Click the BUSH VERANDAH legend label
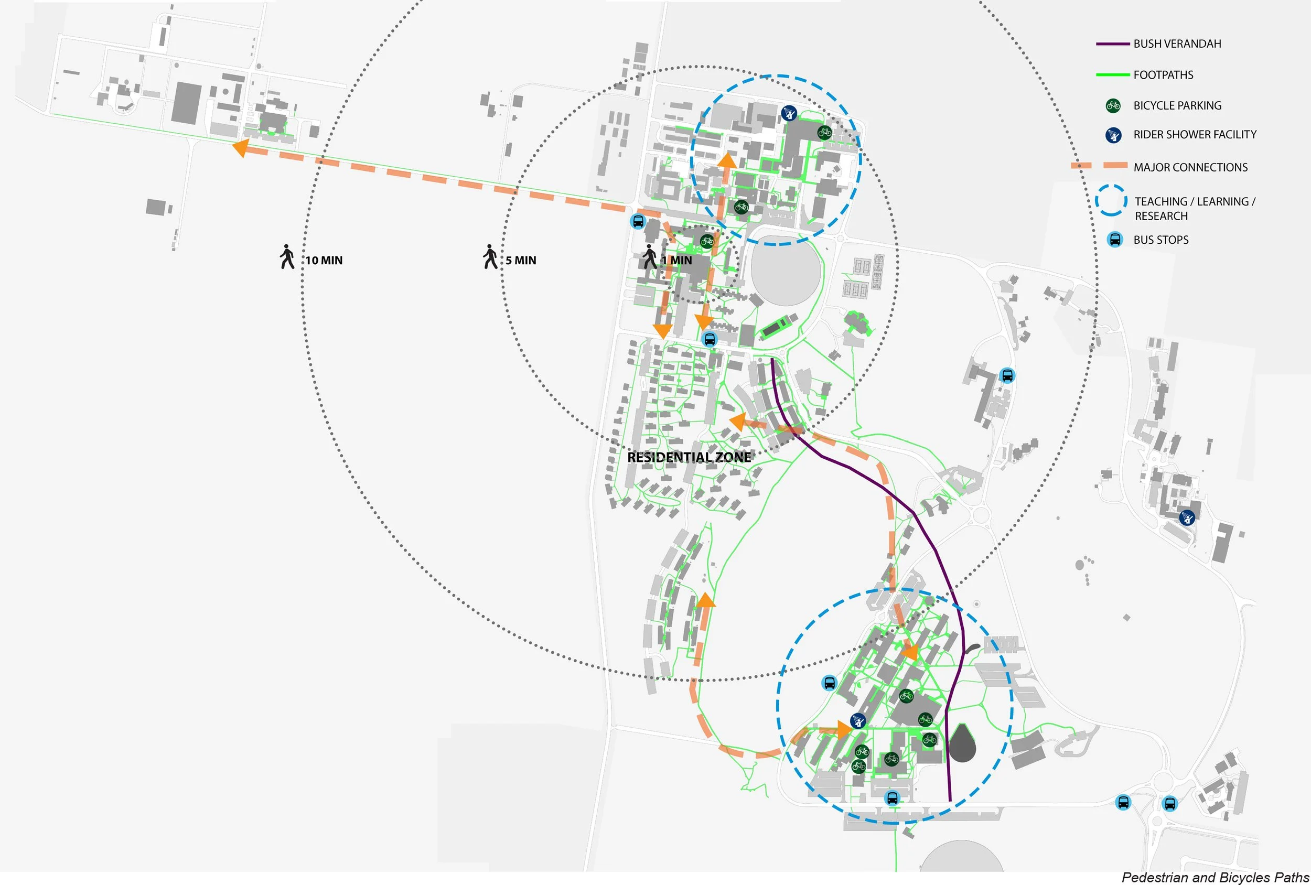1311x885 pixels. [1177, 44]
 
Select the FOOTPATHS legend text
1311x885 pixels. [1163, 75]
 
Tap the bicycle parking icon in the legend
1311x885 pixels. [1113, 105]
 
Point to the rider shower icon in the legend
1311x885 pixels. [1113, 135]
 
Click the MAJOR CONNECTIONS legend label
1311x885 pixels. [1190, 168]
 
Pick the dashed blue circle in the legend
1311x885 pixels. [1111, 201]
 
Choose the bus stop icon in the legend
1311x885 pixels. [1115, 240]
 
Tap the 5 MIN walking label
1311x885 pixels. [520, 261]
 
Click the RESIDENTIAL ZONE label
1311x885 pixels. [689, 458]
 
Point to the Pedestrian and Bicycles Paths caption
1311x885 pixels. [1215, 877]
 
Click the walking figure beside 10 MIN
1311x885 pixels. [287, 257]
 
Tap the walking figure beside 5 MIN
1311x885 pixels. [490, 257]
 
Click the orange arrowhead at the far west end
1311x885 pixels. [241, 148]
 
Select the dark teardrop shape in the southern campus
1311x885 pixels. [963, 744]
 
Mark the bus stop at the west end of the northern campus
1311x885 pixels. [638, 221]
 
